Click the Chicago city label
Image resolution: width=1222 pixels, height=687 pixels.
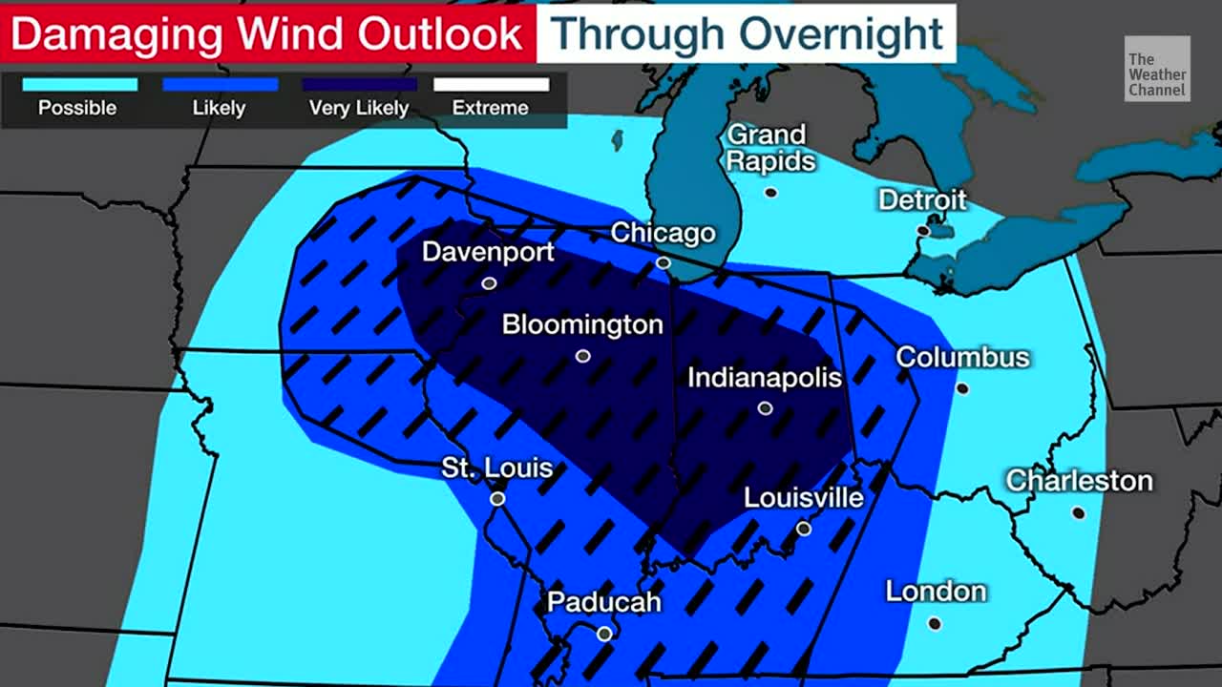(663, 233)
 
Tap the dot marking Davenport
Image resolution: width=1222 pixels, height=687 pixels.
(489, 283)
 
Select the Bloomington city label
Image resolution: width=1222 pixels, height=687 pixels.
(582, 324)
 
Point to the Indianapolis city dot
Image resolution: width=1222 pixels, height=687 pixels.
(765, 408)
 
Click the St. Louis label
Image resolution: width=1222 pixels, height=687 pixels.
(496, 468)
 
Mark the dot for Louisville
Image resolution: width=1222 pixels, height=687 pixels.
(804, 529)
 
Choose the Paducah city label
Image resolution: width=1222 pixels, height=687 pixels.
(603, 602)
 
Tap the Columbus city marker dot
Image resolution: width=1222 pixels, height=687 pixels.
(962, 388)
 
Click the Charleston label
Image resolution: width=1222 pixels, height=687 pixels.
(1079, 480)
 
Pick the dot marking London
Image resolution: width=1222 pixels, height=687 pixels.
(935, 624)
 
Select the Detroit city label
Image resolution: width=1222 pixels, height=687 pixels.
(922, 199)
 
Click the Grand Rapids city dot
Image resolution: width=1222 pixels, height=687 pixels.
(770, 193)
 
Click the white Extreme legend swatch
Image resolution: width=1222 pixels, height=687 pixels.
(491, 85)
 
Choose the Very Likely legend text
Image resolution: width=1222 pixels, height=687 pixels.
(359, 108)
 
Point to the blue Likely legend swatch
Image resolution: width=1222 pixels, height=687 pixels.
(220, 85)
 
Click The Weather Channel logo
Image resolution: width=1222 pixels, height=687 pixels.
(1157, 69)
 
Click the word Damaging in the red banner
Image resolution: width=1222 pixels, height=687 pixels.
(116, 34)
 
